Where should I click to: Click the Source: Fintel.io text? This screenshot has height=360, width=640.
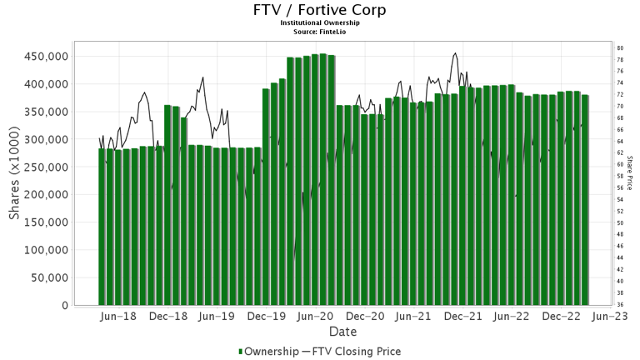pyautogui.click(x=320, y=31)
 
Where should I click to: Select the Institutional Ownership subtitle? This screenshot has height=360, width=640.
pyautogui.click(x=320, y=23)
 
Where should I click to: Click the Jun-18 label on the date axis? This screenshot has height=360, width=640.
pyautogui.click(x=118, y=317)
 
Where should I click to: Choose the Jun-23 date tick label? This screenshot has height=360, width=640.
pyautogui.click(x=611, y=317)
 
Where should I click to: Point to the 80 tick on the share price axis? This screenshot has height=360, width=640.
pyautogui.click(x=621, y=48)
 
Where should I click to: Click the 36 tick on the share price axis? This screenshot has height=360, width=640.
pyautogui.click(x=621, y=305)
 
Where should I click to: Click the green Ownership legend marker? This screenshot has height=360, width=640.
pyautogui.click(x=242, y=352)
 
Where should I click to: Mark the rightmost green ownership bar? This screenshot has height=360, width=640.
pyautogui.click(x=585, y=200)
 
